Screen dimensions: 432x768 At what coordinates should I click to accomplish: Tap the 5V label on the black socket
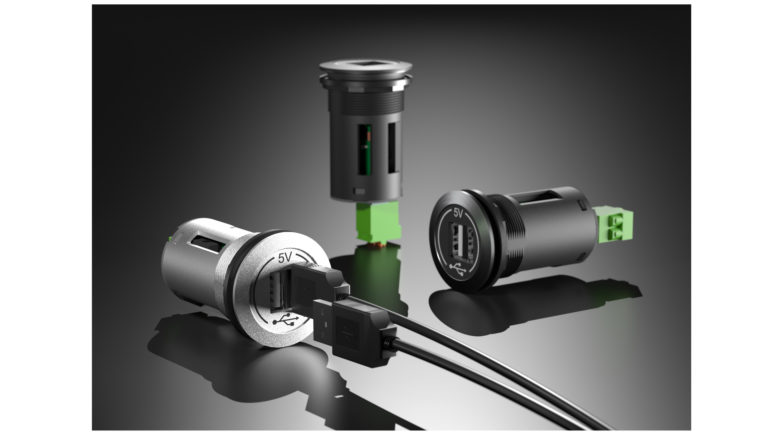click(x=458, y=212)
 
